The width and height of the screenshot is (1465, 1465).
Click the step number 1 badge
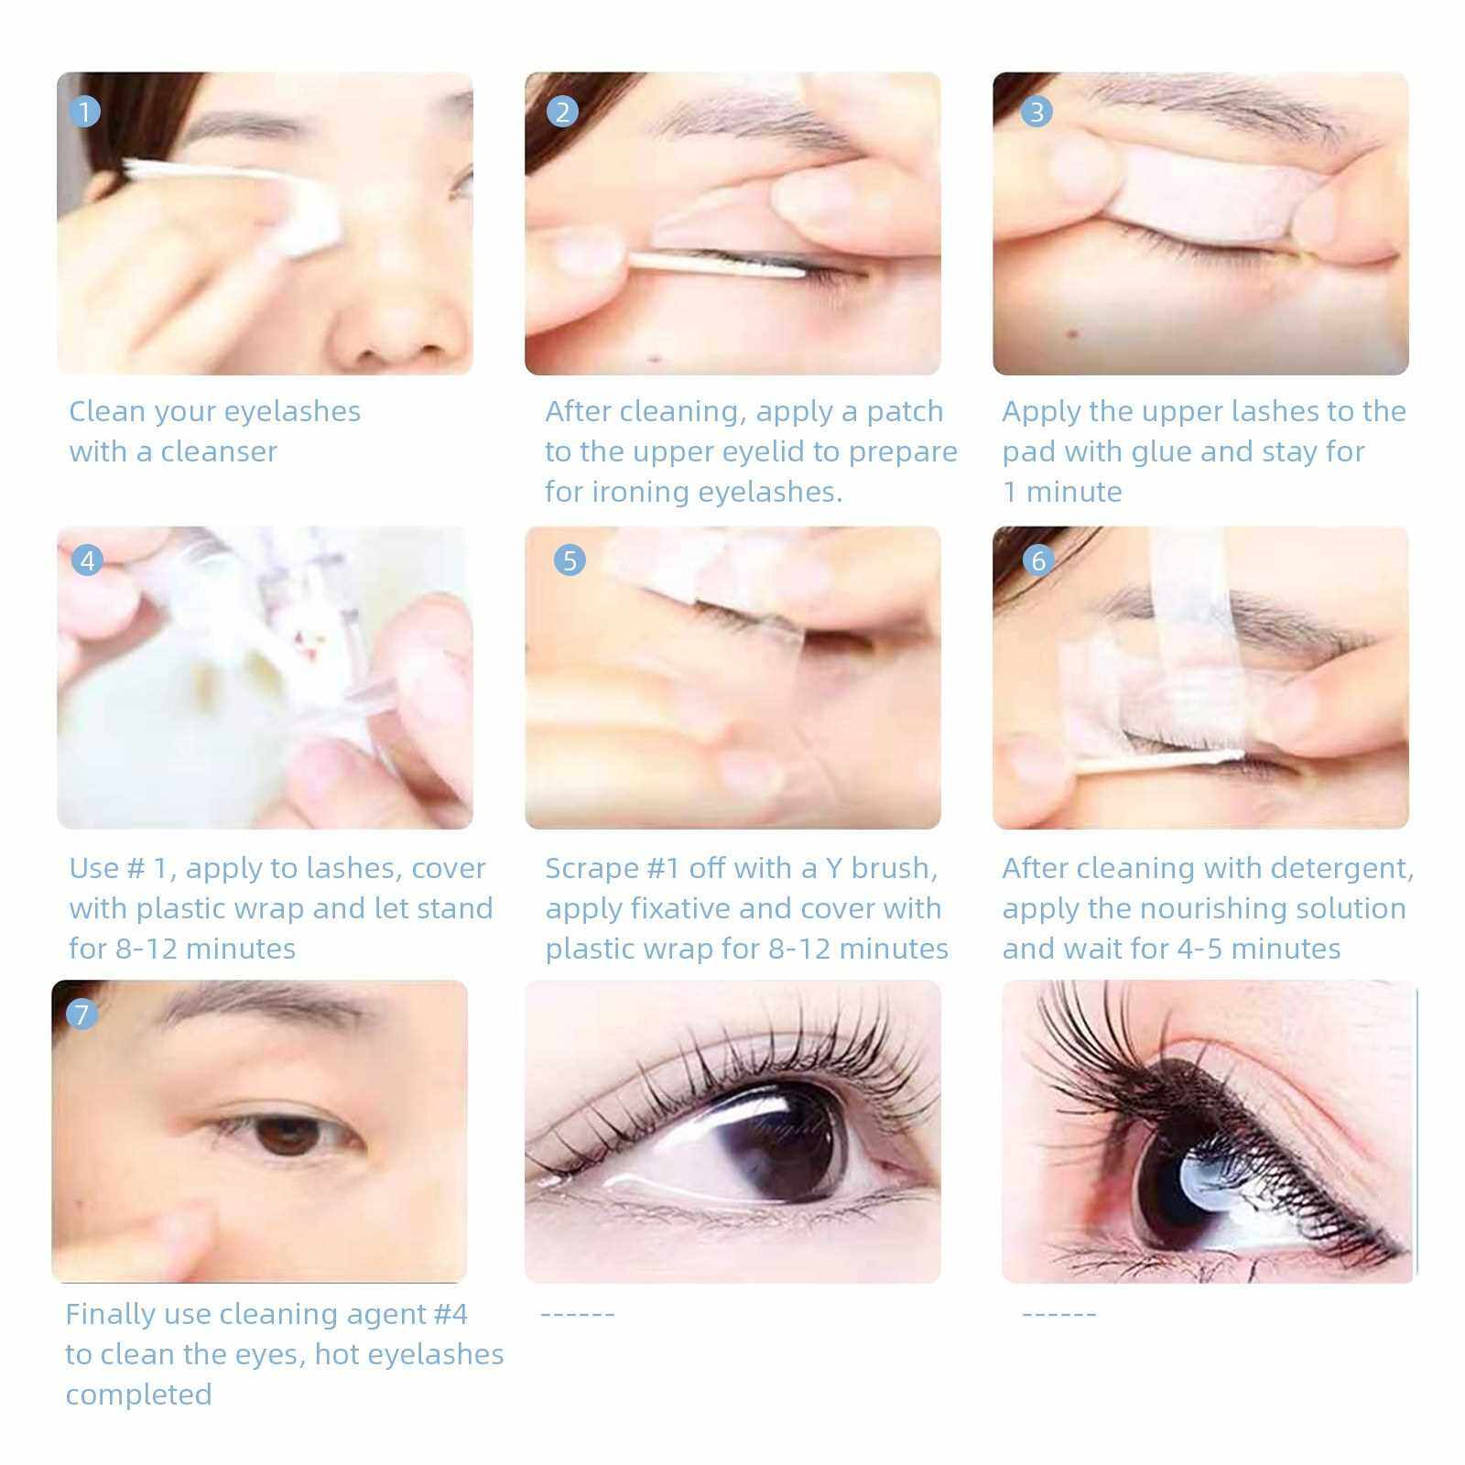(x=85, y=113)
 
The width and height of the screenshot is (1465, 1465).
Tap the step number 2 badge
(x=562, y=113)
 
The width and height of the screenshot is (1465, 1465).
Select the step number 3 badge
(x=1036, y=113)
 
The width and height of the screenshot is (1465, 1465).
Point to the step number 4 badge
(x=87, y=559)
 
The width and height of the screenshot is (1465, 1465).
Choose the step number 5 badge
(x=570, y=559)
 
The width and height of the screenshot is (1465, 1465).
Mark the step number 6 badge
(x=1037, y=559)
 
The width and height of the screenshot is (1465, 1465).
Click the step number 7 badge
(x=81, y=1014)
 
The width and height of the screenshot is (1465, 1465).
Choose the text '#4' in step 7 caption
(x=450, y=1315)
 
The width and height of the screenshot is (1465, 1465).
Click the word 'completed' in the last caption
(x=138, y=1395)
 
